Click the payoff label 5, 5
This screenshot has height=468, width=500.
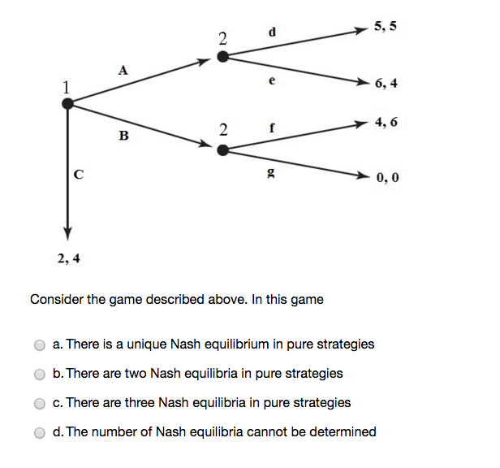[x=386, y=27]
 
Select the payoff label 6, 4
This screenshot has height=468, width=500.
[x=386, y=84]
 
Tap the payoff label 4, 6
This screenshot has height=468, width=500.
[x=386, y=123]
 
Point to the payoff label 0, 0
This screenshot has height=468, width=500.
[x=387, y=176]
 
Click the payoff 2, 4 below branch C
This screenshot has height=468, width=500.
[x=69, y=259]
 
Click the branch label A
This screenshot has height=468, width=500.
[x=123, y=71]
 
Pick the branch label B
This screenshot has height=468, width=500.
[x=123, y=136]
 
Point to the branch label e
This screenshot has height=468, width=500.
[x=272, y=81]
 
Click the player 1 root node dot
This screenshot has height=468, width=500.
[x=67, y=102]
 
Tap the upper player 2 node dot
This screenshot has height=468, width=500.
[x=222, y=56]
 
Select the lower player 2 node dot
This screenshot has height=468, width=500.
[x=222, y=149]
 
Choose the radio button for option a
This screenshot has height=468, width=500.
[x=40, y=344]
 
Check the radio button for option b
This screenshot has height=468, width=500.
[x=40, y=374]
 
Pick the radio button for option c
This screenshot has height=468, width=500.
[x=40, y=403]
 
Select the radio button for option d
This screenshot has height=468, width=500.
[x=40, y=432]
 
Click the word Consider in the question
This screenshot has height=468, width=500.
[x=56, y=300]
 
